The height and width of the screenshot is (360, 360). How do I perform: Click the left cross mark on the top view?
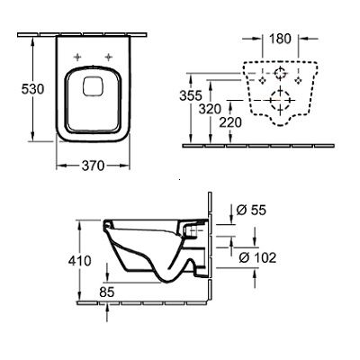point(77,58)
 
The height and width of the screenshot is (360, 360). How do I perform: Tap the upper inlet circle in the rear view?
point(280,71)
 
